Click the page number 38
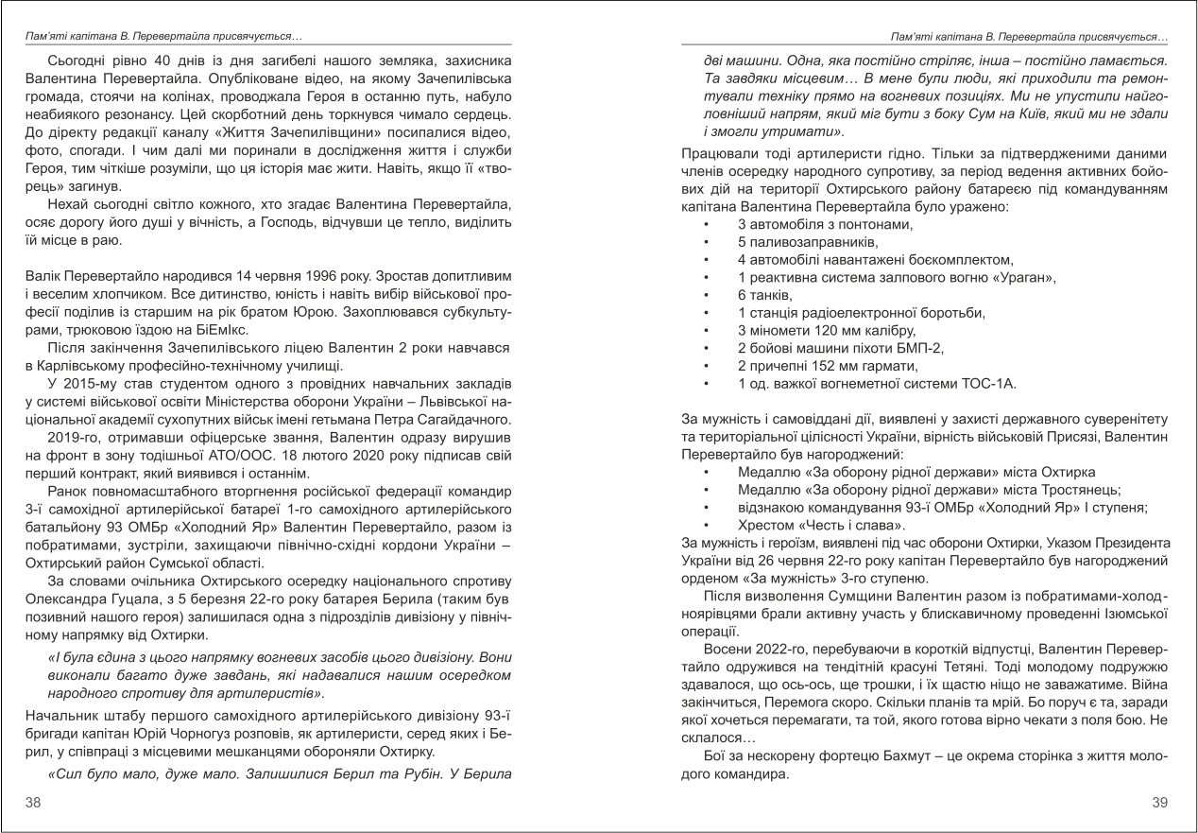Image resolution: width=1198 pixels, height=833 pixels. point(32,802)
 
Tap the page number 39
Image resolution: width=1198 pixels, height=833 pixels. point(1162,802)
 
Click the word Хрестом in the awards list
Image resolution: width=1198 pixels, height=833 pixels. point(766,524)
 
